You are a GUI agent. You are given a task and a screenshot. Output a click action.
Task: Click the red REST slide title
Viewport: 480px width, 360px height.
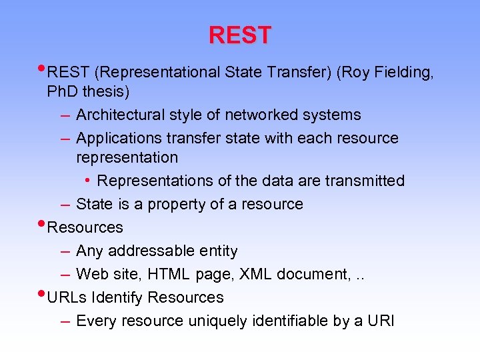[240, 35]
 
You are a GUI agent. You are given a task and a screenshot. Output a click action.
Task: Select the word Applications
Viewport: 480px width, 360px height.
[116, 138]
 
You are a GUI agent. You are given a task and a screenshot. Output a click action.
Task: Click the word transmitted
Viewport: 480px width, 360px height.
[365, 181]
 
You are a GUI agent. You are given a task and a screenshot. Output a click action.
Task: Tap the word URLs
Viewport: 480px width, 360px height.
[67, 297]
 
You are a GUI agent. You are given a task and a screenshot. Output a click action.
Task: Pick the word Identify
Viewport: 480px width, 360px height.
[118, 297]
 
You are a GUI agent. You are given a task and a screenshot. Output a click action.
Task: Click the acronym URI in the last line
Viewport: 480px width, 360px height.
[381, 321]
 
